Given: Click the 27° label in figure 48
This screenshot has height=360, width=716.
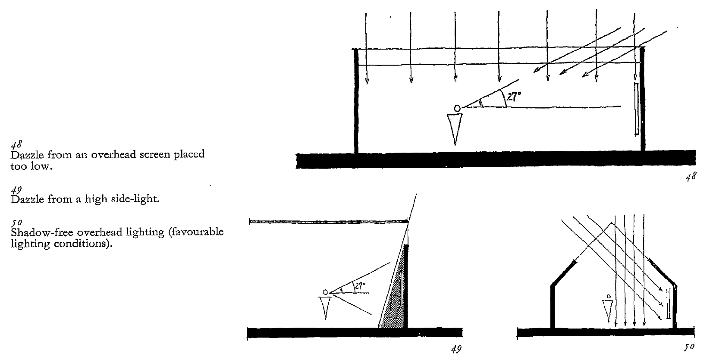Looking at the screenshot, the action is pos(513,97).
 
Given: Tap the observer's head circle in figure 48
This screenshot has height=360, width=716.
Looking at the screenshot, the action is pos(457,108).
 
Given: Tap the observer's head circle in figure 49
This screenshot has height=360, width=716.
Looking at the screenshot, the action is pos(325,292).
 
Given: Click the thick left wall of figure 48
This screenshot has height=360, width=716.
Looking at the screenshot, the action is pos(356,101).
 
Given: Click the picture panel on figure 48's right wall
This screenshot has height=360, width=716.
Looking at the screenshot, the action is pos(637,110).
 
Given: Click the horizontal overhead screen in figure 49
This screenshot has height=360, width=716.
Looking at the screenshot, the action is pos(328,222).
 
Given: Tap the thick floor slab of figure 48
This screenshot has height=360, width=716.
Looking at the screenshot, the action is pos(496,160).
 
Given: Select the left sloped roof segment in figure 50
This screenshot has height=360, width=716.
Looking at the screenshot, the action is pos(563,274).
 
